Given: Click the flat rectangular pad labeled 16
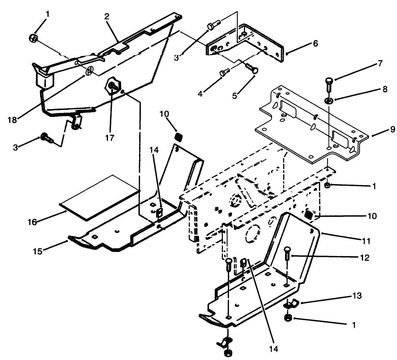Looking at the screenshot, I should pyautogui.click(x=100, y=197).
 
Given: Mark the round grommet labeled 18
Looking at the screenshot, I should pyautogui.click(x=89, y=71).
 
